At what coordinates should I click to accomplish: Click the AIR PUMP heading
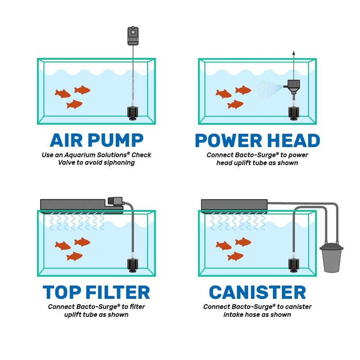[96, 140]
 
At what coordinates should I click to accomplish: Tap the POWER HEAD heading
[257, 140]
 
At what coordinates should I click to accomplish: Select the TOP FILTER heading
[96, 292]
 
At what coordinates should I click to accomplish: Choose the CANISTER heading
[257, 292]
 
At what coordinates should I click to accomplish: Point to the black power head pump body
[293, 84]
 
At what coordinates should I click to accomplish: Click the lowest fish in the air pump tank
[75, 104]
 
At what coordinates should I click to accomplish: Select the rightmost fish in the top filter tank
[82, 242]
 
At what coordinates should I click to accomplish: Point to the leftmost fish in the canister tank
[224, 245]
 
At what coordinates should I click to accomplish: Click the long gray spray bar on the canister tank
[234, 205]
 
